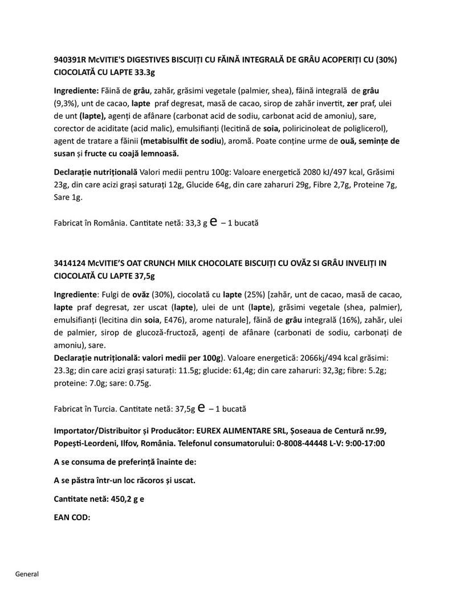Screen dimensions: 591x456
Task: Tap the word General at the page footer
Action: [27, 574]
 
